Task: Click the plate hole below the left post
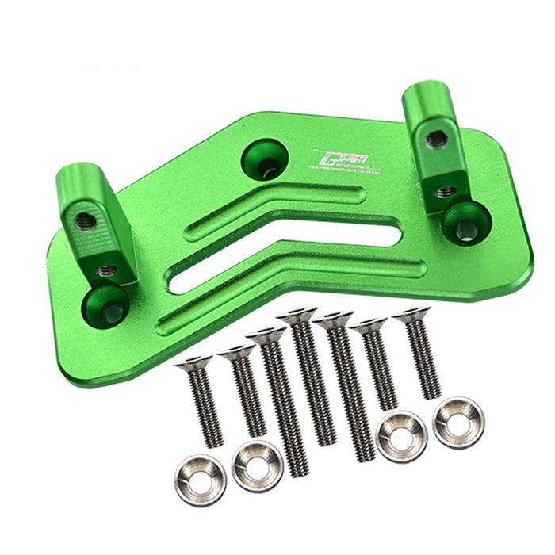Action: pos(109,304)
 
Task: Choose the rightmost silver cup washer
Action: pos(458,421)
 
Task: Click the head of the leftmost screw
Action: pos(193,363)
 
